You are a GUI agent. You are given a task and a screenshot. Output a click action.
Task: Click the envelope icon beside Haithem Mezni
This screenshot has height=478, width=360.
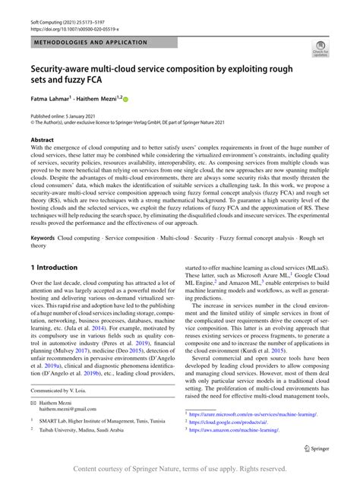(33, 402)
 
